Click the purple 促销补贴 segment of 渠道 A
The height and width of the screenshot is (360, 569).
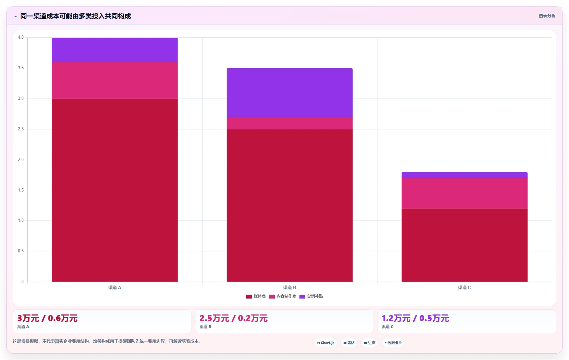115,50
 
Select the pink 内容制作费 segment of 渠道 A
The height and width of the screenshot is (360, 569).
115,80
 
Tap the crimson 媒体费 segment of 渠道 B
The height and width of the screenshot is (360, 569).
290,206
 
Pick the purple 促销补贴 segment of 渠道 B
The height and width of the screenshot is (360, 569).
290,93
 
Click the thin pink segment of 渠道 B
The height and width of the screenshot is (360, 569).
290,123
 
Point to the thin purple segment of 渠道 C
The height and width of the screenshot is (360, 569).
465,175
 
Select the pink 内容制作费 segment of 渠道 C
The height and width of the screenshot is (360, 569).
465,193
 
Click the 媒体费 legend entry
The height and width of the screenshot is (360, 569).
256,296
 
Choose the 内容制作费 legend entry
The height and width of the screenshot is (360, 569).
283,296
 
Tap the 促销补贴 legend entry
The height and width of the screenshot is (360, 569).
311,296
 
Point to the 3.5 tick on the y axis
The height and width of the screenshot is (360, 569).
21,68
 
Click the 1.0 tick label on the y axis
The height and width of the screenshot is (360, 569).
21,220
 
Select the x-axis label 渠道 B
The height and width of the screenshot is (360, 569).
290,287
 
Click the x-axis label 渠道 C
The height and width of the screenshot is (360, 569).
465,287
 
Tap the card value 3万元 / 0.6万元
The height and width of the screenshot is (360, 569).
47,318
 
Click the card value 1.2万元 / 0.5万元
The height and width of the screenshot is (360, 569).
415,318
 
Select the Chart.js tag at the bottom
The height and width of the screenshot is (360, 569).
325,343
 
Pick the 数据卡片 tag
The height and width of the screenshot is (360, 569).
393,343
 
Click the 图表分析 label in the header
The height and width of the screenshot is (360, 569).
547,16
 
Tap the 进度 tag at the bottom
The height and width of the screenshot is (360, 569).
369,343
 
